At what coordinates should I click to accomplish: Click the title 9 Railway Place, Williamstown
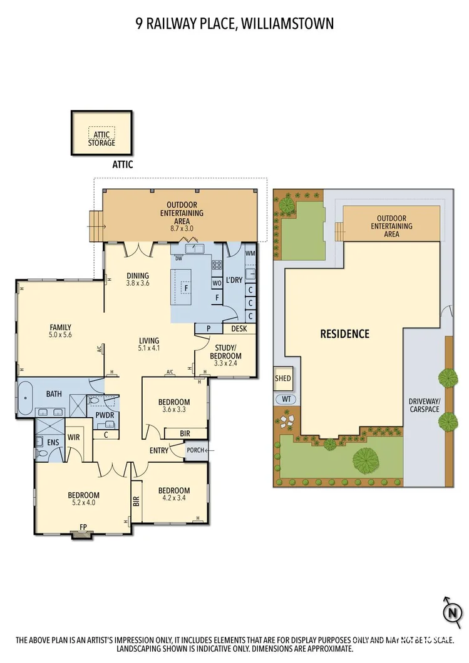[x=234, y=24]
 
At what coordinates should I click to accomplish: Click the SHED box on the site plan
[x=283, y=379]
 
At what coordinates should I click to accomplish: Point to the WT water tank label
[x=287, y=399]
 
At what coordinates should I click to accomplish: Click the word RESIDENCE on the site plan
[x=344, y=334]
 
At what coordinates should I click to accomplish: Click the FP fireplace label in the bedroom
[x=83, y=527]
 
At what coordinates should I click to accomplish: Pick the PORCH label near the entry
[x=195, y=450]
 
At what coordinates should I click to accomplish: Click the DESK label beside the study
[x=239, y=328]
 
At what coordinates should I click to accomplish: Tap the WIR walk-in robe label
[x=73, y=437]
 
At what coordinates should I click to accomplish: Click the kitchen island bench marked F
[x=185, y=288]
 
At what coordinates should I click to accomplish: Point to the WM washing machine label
[x=250, y=253]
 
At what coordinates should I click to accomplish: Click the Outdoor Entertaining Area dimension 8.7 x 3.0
[x=182, y=228]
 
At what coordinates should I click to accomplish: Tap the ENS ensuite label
[x=53, y=442]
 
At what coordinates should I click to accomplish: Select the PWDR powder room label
[x=104, y=415]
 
